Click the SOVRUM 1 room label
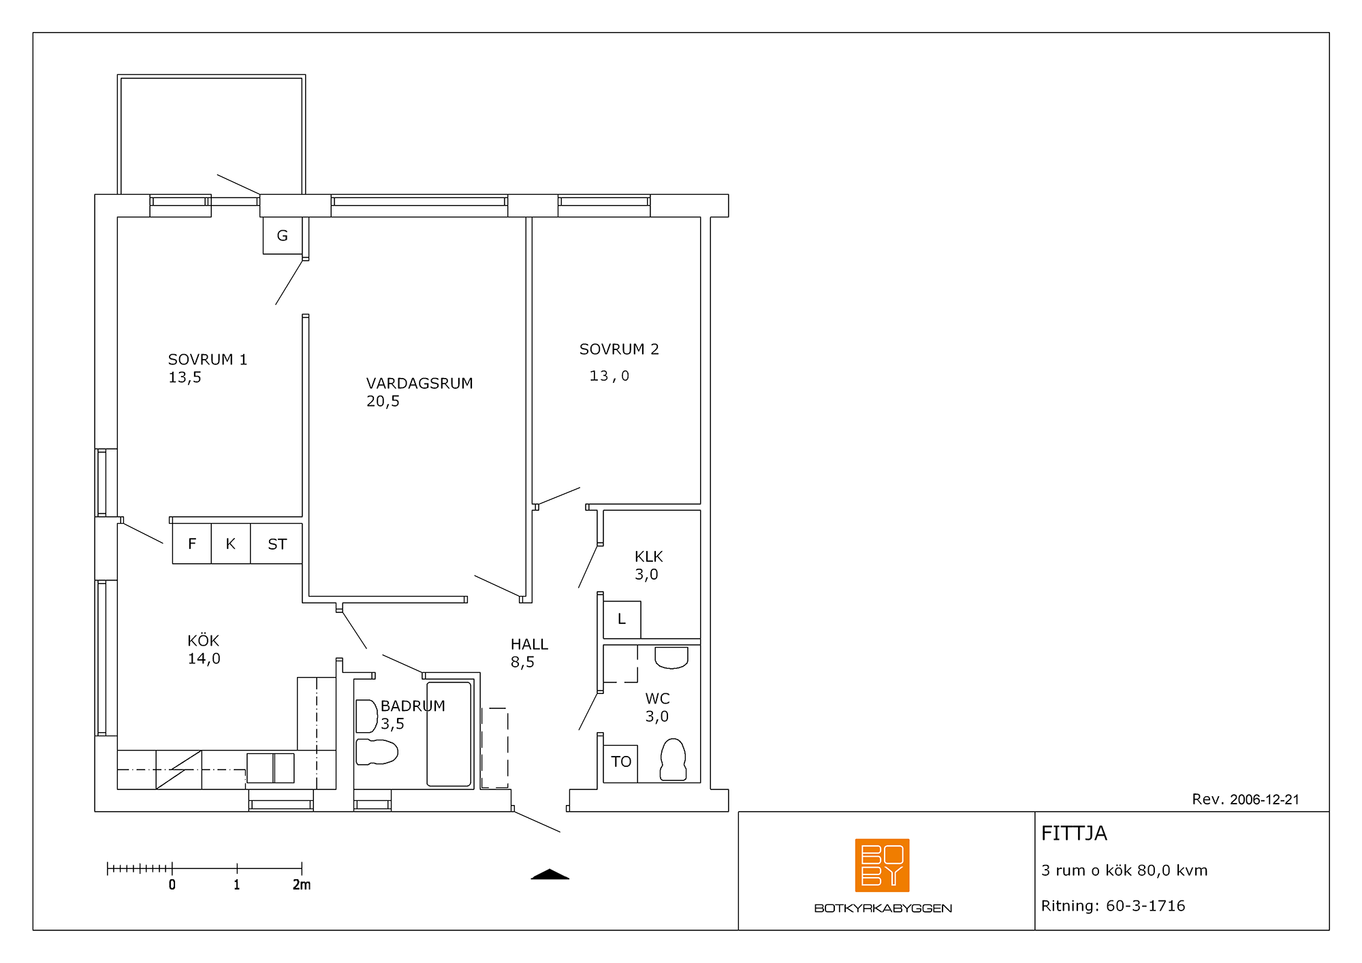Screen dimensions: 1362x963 208,360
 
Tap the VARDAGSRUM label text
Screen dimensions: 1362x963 419,383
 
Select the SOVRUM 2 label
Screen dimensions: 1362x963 619,349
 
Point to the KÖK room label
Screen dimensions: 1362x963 204,641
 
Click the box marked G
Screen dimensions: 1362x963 283,236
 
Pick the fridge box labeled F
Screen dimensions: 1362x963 192,543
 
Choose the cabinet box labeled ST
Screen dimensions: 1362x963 276,543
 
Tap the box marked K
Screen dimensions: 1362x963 231,543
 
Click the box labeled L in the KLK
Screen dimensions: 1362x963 622,620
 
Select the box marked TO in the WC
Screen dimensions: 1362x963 620,763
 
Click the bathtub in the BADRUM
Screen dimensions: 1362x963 449,734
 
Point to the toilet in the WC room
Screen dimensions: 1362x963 673,759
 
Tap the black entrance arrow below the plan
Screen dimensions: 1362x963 550,874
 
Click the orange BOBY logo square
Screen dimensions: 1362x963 882,865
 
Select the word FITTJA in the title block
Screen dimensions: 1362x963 1074,834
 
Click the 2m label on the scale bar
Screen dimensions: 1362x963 302,885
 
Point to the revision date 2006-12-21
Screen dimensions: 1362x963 1265,800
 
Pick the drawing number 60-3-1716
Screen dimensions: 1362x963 1145,906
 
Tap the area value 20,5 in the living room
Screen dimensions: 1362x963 383,402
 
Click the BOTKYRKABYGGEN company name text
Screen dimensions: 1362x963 883,908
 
